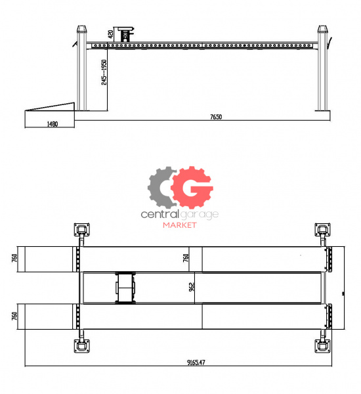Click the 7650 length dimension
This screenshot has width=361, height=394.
216,117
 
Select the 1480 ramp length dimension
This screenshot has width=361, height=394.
53,124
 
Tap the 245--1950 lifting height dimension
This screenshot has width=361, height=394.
104,72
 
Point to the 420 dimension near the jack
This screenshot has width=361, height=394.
110,34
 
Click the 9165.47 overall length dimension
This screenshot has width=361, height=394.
196,362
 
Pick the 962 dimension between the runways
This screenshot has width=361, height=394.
192,287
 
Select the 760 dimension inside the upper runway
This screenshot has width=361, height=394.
186,258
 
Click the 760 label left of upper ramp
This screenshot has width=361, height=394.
14,258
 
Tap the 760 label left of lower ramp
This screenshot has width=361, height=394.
14,316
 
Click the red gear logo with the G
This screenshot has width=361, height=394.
192,187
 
